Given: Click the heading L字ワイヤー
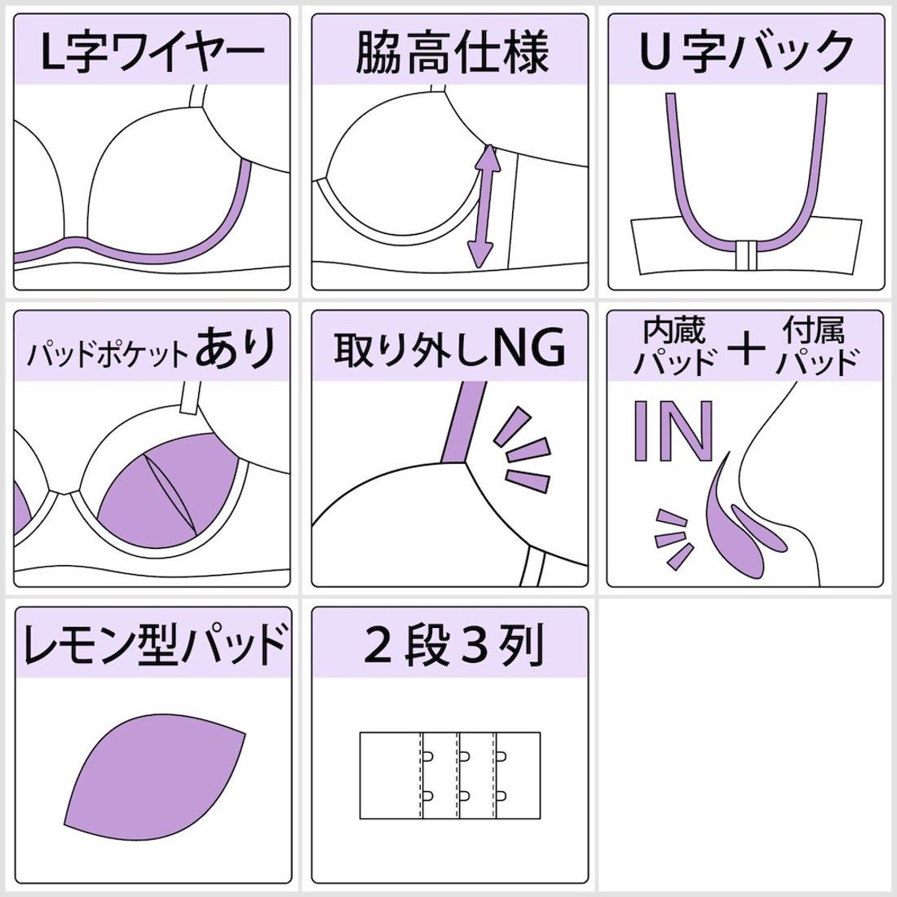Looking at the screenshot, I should pyautogui.click(x=152, y=51).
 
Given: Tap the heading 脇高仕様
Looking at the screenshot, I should pyautogui.click(x=450, y=51).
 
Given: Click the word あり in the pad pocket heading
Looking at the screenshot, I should pyautogui.click(x=241, y=349).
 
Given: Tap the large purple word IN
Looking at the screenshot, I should pyautogui.click(x=674, y=431).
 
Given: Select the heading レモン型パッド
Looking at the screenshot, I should pyautogui.click(x=152, y=644).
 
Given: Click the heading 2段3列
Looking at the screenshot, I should pyautogui.click(x=450, y=644).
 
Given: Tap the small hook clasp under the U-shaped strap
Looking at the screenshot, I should pyautogui.click(x=745, y=254).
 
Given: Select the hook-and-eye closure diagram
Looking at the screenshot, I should pyautogui.click(x=450, y=775).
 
